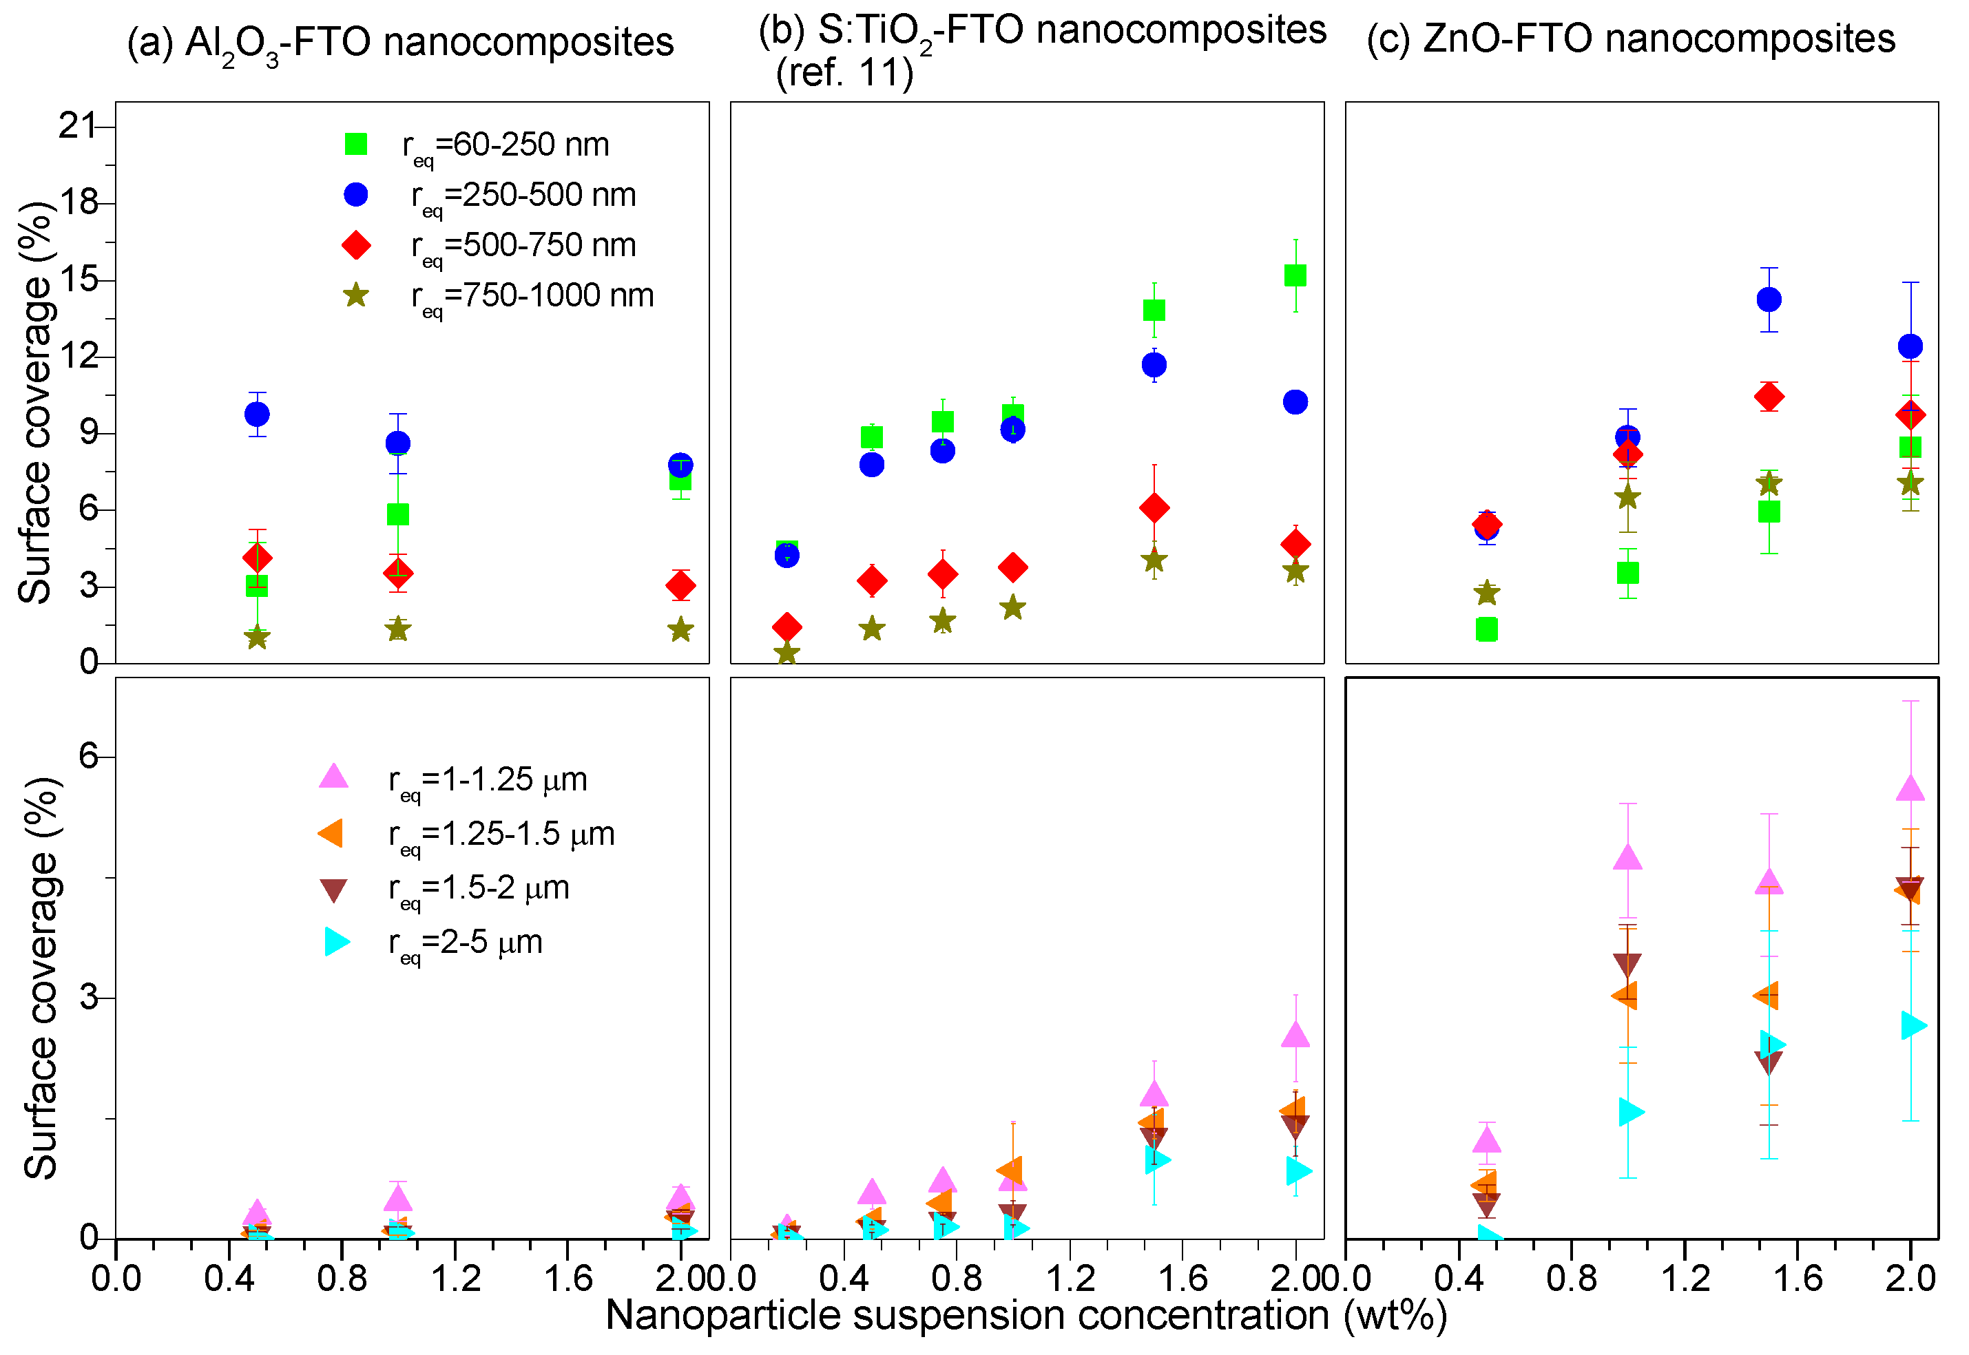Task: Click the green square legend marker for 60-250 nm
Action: (356, 145)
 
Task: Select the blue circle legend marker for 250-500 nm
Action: (356, 194)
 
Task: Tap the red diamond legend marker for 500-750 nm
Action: (356, 245)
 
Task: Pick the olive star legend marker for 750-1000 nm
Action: (356, 295)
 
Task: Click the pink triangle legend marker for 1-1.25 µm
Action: (334, 776)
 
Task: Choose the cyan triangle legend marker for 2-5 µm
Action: (336, 941)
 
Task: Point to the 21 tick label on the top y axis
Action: (78, 125)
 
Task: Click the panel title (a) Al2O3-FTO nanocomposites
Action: (400, 43)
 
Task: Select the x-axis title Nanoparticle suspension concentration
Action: (1025, 1315)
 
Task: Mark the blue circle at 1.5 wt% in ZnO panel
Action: (1769, 299)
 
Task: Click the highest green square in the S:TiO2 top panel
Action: (1295, 275)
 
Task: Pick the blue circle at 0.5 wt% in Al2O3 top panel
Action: (256, 414)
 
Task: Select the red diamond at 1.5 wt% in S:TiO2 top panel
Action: (1154, 507)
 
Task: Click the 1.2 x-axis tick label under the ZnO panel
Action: (1685, 1279)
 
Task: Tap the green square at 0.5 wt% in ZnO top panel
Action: (1487, 629)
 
